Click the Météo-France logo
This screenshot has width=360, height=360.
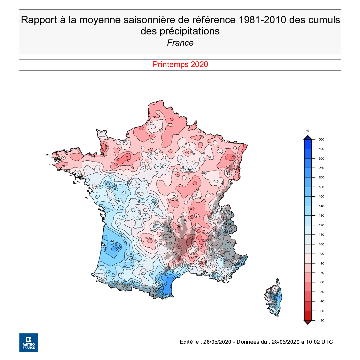click(29, 342)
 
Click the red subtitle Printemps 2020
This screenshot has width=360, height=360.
click(180, 64)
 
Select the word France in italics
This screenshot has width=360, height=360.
click(180, 43)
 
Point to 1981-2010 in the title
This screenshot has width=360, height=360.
click(262, 20)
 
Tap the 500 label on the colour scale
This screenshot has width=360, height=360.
click(321, 140)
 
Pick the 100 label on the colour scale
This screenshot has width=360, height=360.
click(321, 244)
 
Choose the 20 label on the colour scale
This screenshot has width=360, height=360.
click(322, 321)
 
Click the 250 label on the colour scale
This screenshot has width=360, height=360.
click(321, 168)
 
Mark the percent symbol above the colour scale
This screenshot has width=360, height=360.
click(308, 131)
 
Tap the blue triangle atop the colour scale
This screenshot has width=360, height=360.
click(308, 137)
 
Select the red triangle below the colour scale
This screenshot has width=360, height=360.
click(308, 322)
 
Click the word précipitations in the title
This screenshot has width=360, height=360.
click(180, 31)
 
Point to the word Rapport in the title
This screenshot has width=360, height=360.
click(39, 20)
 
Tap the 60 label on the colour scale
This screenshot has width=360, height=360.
click(322, 282)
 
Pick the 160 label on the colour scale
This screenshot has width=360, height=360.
click(321, 197)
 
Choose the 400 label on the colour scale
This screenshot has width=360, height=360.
click(321, 149)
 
